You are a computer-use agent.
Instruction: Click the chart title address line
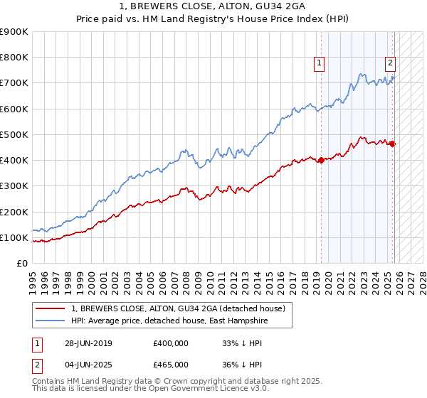(213, 6)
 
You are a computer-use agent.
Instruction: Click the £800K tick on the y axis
(14, 58)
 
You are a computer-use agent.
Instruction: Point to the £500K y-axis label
(14, 134)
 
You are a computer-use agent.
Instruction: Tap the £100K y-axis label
(14, 237)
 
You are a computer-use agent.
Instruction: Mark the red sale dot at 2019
(321, 160)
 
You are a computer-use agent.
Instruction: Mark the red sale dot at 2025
(393, 144)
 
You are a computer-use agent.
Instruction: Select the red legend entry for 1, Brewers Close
(178, 308)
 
